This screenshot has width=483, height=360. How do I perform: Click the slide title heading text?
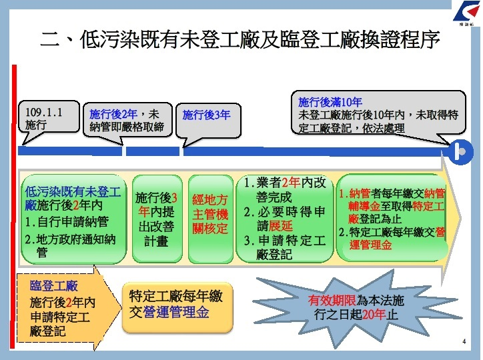(240, 41)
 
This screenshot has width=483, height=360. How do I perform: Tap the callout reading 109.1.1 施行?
(43, 118)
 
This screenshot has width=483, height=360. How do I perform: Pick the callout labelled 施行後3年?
(206, 115)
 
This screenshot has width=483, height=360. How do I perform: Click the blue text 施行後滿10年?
(330, 103)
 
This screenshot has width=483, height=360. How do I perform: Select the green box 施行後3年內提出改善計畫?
(156, 219)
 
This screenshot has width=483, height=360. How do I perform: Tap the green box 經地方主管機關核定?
(210, 215)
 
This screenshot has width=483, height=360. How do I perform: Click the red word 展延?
(280, 226)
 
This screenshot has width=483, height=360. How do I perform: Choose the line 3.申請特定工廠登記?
(285, 247)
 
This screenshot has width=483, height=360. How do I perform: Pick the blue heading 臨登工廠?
(51, 286)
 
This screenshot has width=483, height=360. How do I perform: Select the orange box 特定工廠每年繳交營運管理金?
(176, 304)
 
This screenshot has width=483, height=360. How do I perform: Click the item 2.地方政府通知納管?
(69, 245)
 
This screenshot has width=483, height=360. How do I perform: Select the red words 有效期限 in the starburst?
(332, 300)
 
